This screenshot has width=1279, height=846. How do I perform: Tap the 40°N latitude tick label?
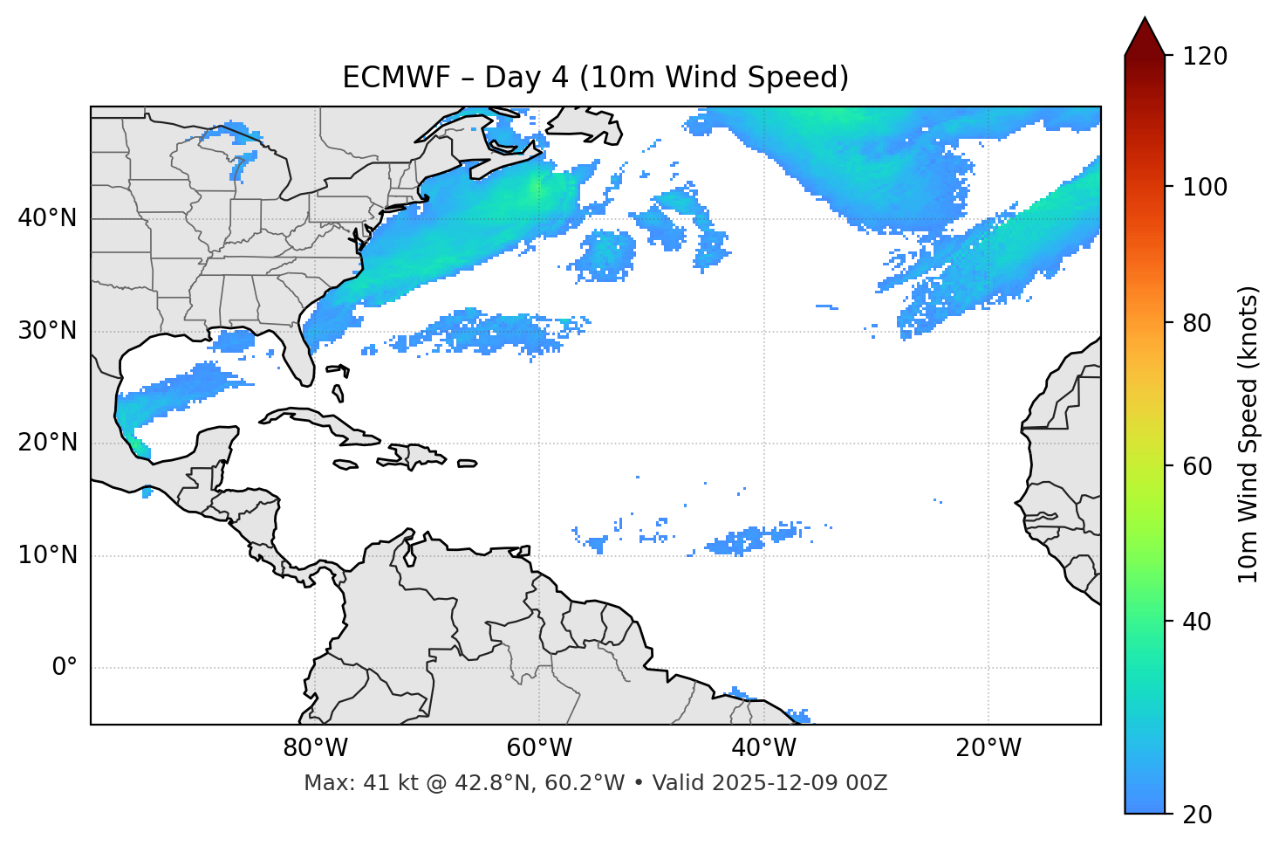click(x=47, y=218)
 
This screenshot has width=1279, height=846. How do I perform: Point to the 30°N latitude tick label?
click(x=47, y=331)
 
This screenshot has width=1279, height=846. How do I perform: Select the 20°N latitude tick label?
click(x=47, y=443)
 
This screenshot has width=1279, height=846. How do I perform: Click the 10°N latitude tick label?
click(x=47, y=555)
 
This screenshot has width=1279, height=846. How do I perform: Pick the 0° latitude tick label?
click(x=65, y=668)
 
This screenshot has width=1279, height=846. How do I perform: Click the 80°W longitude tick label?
click(x=315, y=748)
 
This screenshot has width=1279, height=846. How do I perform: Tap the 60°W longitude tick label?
click(x=539, y=748)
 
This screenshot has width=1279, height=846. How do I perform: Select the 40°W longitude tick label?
click(x=763, y=748)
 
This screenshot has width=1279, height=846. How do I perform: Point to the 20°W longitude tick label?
click(x=988, y=748)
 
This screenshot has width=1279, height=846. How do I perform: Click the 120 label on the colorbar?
click(x=1205, y=57)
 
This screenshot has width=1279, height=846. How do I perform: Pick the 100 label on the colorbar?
click(x=1205, y=187)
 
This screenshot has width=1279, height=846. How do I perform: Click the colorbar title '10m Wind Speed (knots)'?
click(x=1248, y=435)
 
